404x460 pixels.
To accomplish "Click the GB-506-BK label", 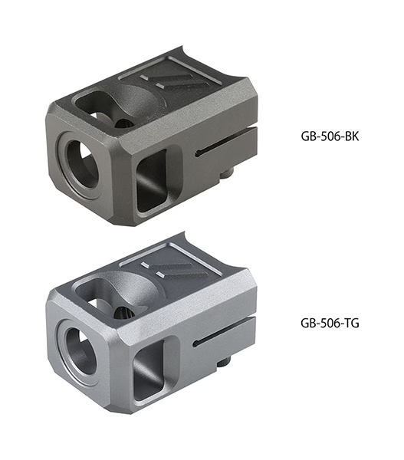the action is [330, 136].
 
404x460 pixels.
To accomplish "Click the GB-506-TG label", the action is [330, 323].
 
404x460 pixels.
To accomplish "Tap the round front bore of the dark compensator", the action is [83, 163].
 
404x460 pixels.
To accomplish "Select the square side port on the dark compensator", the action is [152, 179].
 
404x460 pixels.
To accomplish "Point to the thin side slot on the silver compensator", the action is [224, 330].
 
